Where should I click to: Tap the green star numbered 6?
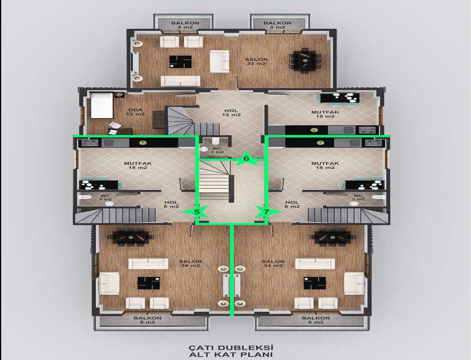point(247,158)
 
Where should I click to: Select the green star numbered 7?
point(267,212)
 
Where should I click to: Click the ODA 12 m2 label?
point(135,112)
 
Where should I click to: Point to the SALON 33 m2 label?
point(256,61)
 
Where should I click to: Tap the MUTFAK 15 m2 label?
point(325,114)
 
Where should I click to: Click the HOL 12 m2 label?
point(231,112)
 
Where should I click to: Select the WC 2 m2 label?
point(217,150)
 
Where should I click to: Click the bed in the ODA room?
point(102,105)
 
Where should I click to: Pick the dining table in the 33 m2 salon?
point(305,60)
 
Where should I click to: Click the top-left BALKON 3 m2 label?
point(185,25)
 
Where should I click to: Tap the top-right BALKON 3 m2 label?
point(277,25)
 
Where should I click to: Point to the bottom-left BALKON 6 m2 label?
point(147,320)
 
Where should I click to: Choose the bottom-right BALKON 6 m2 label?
point(316,320)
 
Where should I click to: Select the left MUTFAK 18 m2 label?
point(138,166)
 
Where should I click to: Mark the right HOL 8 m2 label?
point(292,204)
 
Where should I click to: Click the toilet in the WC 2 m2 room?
point(216,141)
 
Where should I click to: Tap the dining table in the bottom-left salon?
point(131,237)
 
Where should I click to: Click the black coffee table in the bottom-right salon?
point(315,283)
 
